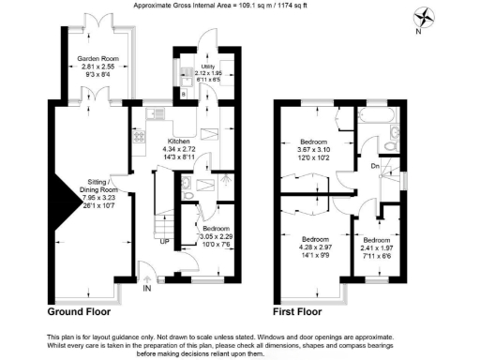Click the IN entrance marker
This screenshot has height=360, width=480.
(x=146, y=289)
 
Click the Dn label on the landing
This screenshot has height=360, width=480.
(x=375, y=167)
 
